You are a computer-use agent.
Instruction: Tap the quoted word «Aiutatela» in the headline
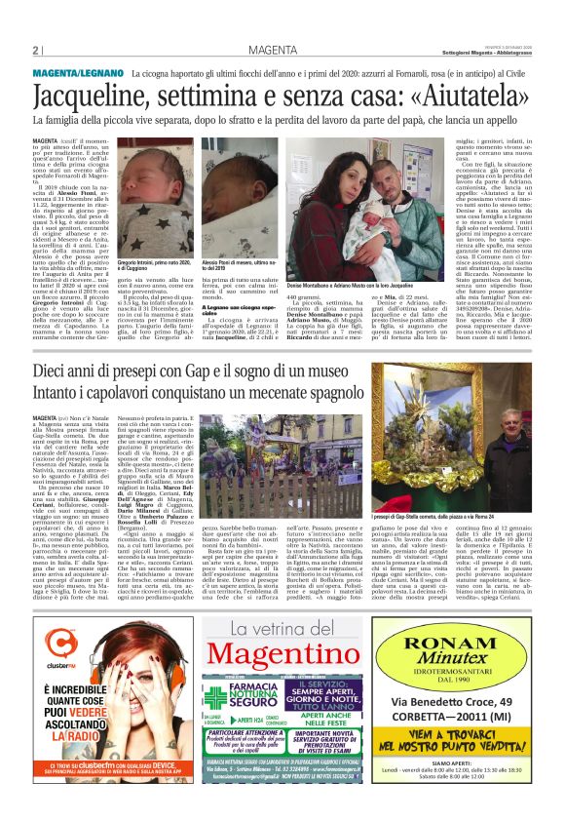(x=468, y=97)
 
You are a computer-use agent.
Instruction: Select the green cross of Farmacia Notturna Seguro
(x=214, y=698)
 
